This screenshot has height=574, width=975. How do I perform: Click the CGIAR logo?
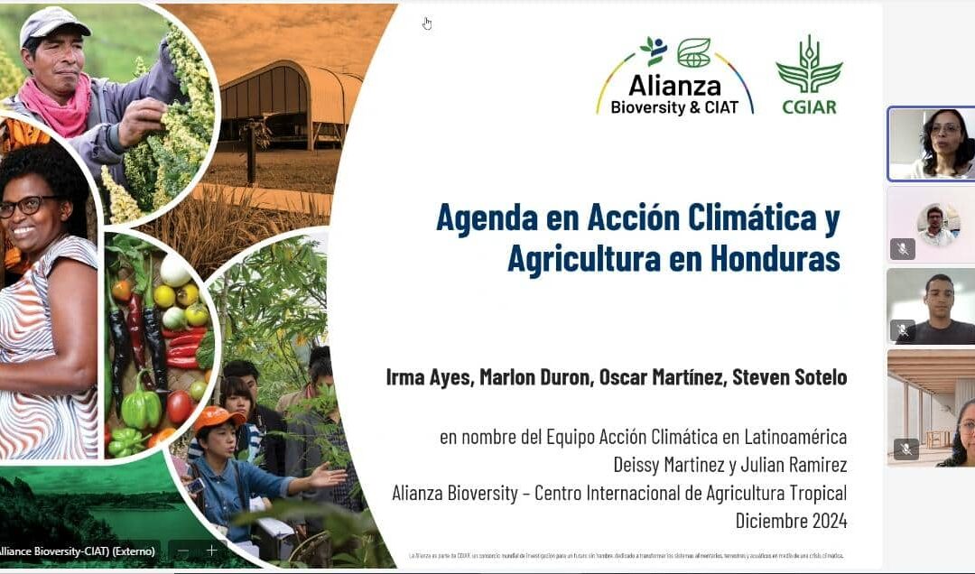808,75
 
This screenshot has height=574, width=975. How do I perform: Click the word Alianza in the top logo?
674,87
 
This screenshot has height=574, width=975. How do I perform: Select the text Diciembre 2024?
791,521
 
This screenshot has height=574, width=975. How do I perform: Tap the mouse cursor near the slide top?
427,23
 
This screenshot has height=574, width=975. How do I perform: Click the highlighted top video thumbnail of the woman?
931,143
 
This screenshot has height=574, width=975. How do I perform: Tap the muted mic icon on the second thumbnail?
903,248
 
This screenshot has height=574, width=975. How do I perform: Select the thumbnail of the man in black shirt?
931,306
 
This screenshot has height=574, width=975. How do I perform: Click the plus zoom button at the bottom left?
211,550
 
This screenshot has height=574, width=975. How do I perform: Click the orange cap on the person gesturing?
218,417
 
